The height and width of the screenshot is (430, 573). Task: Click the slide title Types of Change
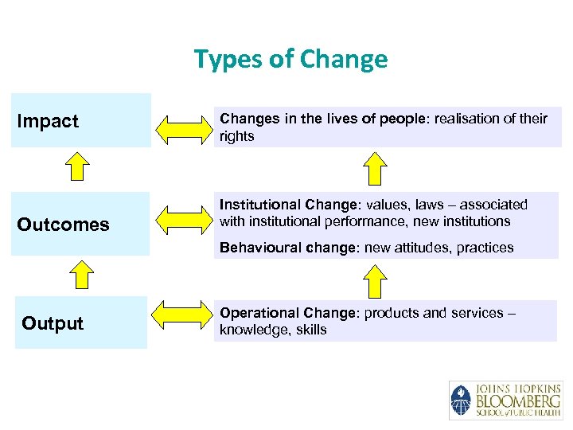click(x=290, y=59)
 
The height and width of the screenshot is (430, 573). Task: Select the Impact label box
click(x=80, y=121)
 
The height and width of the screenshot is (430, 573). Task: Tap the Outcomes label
click(x=63, y=225)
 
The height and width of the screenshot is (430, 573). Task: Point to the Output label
click(x=53, y=323)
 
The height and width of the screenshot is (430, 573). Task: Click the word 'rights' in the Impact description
click(x=237, y=136)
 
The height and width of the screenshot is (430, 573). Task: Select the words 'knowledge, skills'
click(x=273, y=330)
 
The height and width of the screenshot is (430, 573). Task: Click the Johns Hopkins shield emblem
click(x=461, y=401)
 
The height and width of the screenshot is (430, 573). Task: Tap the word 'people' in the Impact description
click(x=403, y=119)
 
